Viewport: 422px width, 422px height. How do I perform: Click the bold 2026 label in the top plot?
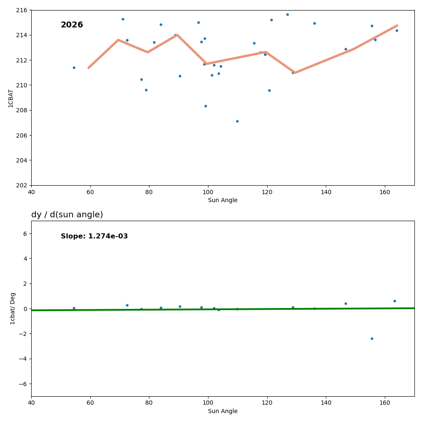pos(72,25)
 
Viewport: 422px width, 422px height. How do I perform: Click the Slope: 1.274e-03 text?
pos(94,236)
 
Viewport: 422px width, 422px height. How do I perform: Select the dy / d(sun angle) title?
pos(67,215)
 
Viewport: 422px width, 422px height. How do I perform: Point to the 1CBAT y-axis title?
pos(11,98)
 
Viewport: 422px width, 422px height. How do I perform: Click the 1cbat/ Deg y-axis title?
pos(13,308)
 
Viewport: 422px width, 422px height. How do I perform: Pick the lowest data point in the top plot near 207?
pos(237,121)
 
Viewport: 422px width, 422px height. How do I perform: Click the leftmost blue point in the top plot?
pos(74,68)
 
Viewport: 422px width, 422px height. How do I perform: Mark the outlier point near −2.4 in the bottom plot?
pos(372,338)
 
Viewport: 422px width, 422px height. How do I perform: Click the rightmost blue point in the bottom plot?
pos(395,301)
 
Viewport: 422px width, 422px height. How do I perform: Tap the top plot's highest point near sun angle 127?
pos(287,14)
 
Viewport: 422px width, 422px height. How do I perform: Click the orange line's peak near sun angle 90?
pos(177,35)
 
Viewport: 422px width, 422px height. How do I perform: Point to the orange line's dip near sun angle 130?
pos(295,73)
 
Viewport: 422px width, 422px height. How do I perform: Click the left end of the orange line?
pos(88,68)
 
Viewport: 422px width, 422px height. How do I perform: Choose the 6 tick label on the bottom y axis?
pos(25,233)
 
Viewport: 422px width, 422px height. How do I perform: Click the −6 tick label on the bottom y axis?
pos(23,384)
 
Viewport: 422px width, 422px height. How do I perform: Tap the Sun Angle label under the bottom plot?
pos(222,411)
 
